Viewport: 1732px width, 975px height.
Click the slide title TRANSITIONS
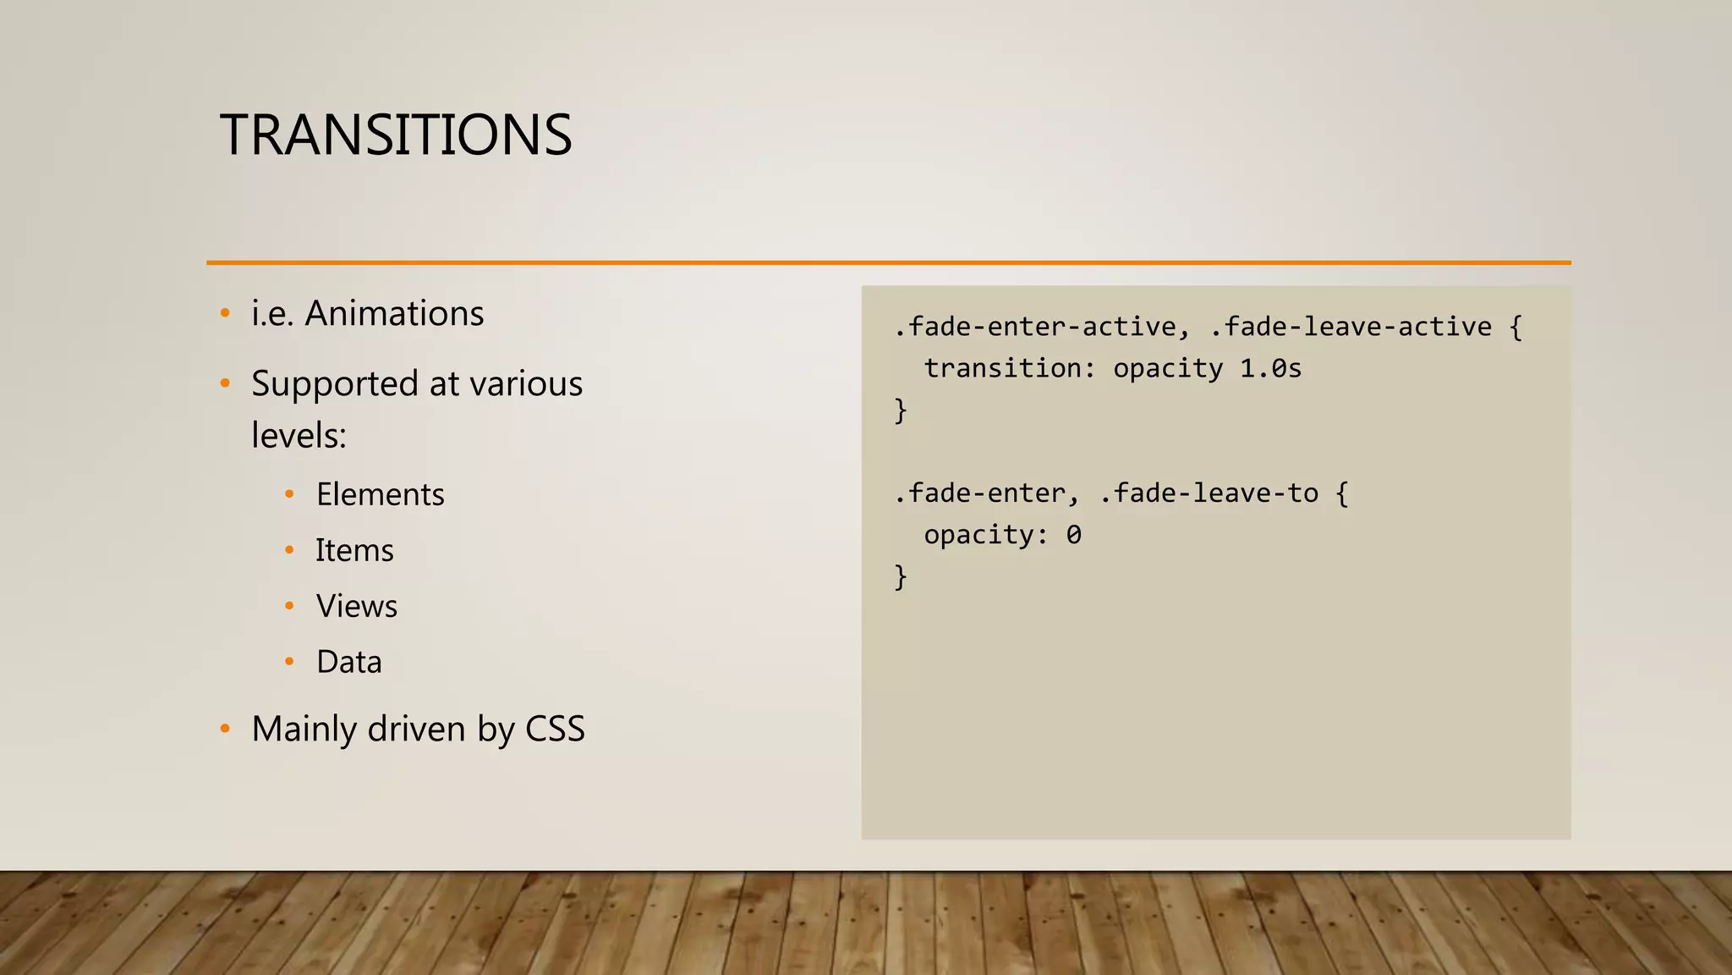click(x=396, y=135)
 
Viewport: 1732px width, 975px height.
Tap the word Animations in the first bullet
click(x=394, y=314)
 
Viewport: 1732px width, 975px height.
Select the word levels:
click(x=299, y=436)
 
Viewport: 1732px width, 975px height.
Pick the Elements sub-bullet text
click(x=380, y=495)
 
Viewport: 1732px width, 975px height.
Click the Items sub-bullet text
click(x=354, y=551)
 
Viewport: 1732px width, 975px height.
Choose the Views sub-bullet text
click(x=356, y=607)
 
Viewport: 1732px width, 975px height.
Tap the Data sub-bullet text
click(x=348, y=663)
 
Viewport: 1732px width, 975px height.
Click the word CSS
click(x=555, y=730)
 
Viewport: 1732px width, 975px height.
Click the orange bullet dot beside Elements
click(x=289, y=494)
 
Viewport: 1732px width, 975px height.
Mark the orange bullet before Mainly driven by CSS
click(x=225, y=729)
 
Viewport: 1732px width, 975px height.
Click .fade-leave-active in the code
click(x=1351, y=327)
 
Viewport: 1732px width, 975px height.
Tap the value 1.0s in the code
click(x=1270, y=368)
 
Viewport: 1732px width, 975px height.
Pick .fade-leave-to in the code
click(x=1209, y=493)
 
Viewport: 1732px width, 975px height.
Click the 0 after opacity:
click(x=1073, y=535)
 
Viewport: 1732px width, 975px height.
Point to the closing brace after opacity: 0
click(x=901, y=577)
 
